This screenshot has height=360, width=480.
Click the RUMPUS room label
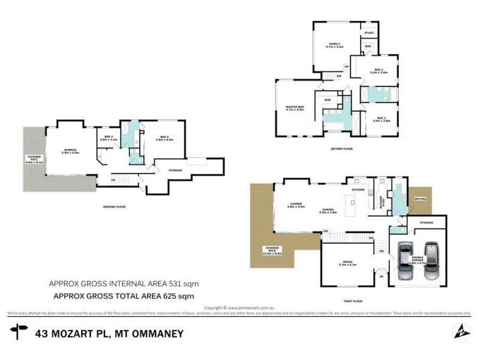click(x=71, y=151)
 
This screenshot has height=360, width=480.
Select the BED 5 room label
click(x=164, y=138)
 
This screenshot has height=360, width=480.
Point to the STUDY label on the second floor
click(x=369, y=34)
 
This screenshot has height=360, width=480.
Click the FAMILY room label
click(x=334, y=45)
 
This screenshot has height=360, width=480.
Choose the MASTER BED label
click(x=295, y=109)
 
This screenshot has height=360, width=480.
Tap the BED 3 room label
click(x=380, y=71)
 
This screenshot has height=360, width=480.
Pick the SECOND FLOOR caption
click(x=341, y=149)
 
